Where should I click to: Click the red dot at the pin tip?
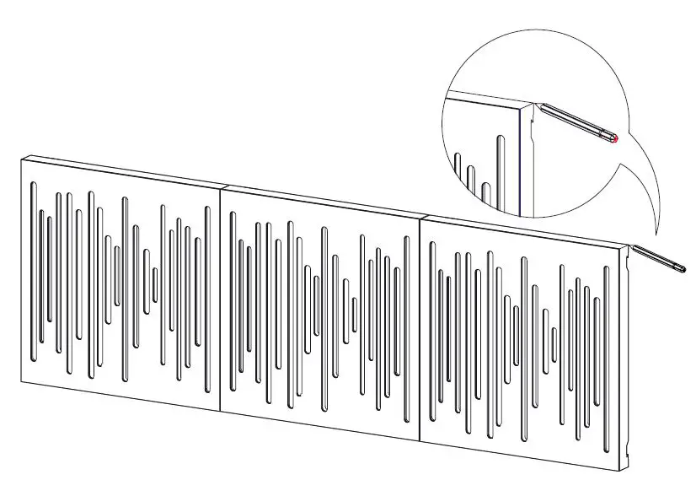pos(616,138)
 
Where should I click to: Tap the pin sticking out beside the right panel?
pos(660,258)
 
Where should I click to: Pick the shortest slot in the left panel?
pos(154,284)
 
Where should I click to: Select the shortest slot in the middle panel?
pos(354,316)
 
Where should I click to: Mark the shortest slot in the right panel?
pos(554,343)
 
